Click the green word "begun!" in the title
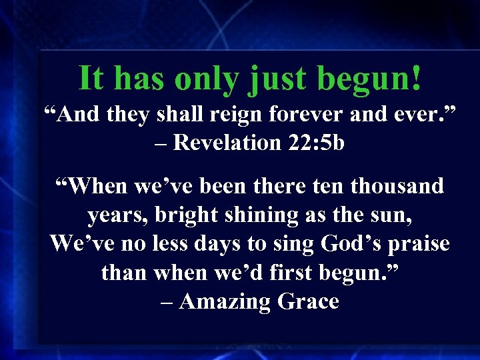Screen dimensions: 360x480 369,79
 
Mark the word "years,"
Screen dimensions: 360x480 115,215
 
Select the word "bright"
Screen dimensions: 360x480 183,215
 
